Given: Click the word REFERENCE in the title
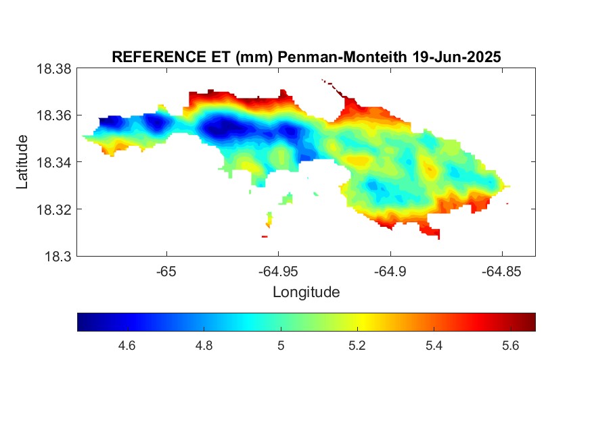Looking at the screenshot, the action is (159, 57).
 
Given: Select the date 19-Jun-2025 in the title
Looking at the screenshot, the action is (457, 57).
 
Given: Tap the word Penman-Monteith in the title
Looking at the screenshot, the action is (342, 57).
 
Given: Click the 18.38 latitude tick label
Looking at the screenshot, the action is (53, 69).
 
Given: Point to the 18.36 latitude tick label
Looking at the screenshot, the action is (53, 115).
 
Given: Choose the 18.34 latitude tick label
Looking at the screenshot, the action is (53, 162).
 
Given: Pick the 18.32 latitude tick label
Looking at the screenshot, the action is (53, 209).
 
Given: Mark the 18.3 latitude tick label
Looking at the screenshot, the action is (58, 257).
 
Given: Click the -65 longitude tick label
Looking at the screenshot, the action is (166, 271).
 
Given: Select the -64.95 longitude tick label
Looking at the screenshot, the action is (278, 271).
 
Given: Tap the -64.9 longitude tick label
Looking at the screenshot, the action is (390, 271).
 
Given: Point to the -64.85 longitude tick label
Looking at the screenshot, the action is (501, 271).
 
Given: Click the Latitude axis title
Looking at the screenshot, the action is (22, 162).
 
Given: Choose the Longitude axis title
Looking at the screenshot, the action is (306, 292).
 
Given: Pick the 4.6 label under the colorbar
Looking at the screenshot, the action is (127, 346).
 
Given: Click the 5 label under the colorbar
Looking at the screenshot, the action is (281, 346).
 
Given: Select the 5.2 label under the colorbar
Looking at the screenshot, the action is (357, 346).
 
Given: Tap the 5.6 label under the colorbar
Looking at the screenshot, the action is (510, 346).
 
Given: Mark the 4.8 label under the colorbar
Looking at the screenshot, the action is (204, 346).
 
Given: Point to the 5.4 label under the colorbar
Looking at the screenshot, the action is (434, 346).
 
